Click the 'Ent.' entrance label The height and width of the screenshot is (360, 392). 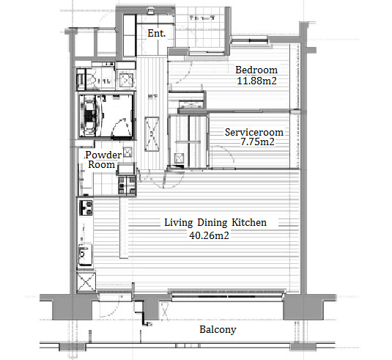point(157,33)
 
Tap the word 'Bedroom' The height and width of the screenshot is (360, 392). point(256,70)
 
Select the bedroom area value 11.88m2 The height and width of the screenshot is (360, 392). point(256,81)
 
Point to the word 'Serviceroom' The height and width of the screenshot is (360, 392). point(254,132)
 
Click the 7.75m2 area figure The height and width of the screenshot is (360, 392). point(257,142)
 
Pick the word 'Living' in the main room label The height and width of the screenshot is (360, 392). point(179,223)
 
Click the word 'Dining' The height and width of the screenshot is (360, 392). point(212,223)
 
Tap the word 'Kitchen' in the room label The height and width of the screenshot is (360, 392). point(249,222)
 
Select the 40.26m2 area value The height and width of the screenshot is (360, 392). point(209,235)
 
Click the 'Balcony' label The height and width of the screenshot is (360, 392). point(218,330)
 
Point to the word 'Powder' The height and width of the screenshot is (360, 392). point(103,155)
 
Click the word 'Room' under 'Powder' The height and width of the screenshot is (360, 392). point(102,165)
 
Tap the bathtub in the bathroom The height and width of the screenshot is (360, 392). point(89,116)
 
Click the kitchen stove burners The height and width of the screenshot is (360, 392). point(86,207)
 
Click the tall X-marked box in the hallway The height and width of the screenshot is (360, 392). point(152,134)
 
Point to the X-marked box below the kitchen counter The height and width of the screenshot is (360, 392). point(86,282)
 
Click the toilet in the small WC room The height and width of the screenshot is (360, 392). point(92,80)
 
